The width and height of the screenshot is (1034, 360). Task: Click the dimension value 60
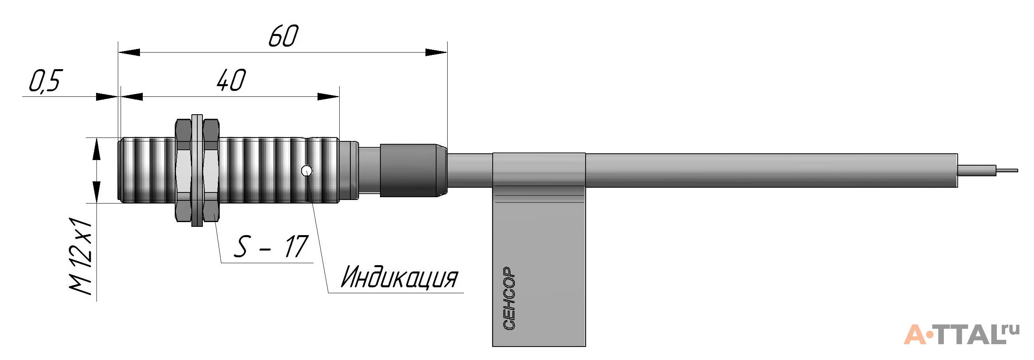[x=283, y=36]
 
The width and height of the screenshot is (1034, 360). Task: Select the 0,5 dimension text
[x=44, y=82]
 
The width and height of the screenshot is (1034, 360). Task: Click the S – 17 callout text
[x=270, y=247]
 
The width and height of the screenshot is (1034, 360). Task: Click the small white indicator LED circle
[x=307, y=171]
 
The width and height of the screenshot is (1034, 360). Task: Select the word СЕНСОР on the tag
[x=508, y=298]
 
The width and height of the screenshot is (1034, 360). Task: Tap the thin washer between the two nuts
[x=197, y=171]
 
